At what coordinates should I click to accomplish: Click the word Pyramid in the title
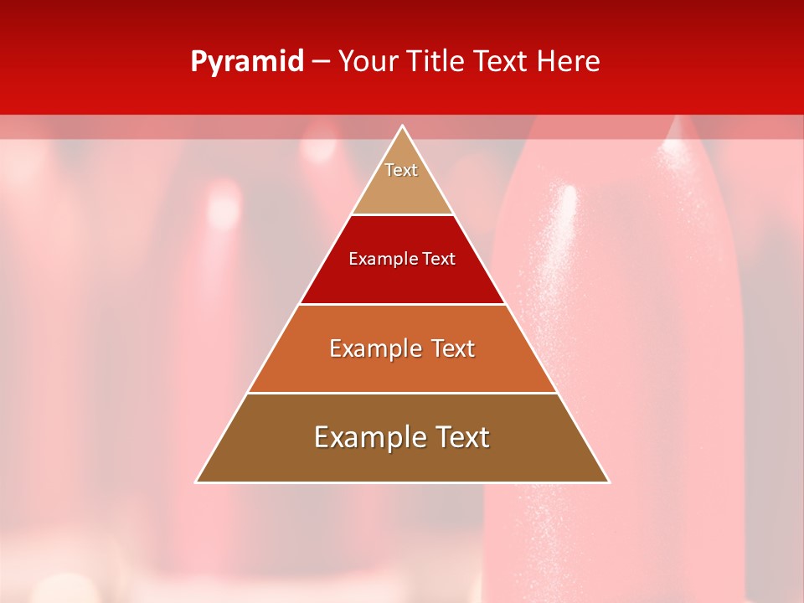pos(246,62)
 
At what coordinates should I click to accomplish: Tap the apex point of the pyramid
pos(403,126)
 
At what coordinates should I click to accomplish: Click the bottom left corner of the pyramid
pos(197,482)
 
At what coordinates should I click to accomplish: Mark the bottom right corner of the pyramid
pos(608,482)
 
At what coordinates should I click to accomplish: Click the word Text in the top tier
pos(401,170)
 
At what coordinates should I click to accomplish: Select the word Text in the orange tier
pos(448,348)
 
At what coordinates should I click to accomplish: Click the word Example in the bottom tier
pos(365,437)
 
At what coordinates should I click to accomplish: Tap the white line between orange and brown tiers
pos(402,393)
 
